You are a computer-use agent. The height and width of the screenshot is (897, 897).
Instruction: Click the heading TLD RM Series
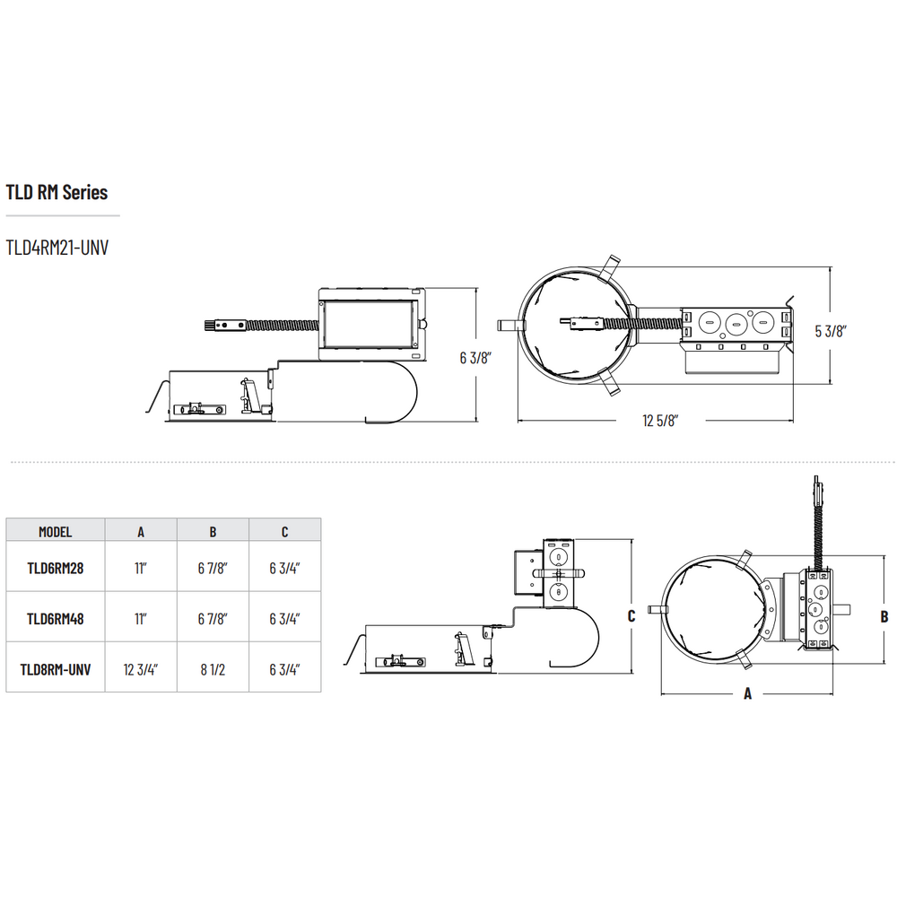point(57,192)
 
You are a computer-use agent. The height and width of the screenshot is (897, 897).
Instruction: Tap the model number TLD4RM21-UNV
point(57,248)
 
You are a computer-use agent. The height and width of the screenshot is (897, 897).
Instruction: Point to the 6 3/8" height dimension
point(476,358)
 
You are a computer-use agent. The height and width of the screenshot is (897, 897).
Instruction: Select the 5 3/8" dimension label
point(831,331)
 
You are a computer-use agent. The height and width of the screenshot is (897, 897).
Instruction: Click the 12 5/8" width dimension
point(660,421)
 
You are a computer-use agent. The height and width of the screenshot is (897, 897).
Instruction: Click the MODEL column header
point(56,532)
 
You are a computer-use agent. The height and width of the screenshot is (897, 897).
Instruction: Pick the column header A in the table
point(141,532)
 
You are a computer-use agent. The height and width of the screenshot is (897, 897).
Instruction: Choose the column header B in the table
point(213,532)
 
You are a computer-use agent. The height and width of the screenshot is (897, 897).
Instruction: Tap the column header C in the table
point(285,532)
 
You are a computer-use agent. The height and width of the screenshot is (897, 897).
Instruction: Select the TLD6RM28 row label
point(56,568)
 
